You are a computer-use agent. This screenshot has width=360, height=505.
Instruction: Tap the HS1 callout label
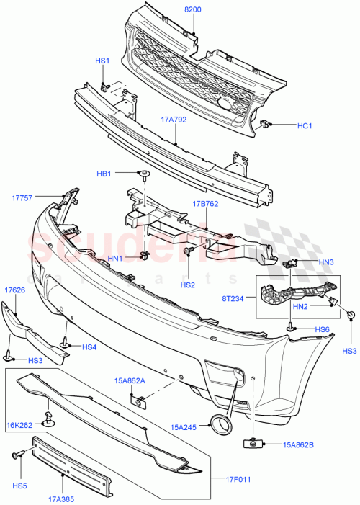pos(103,61)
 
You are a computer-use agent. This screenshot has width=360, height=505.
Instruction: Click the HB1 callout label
pos(104,174)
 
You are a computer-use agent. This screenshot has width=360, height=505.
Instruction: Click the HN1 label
pos(114,258)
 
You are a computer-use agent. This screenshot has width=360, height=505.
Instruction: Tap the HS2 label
pos(189,285)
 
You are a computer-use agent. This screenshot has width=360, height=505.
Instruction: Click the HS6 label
pos(322,329)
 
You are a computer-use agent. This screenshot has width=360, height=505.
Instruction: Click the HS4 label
pos(89,347)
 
